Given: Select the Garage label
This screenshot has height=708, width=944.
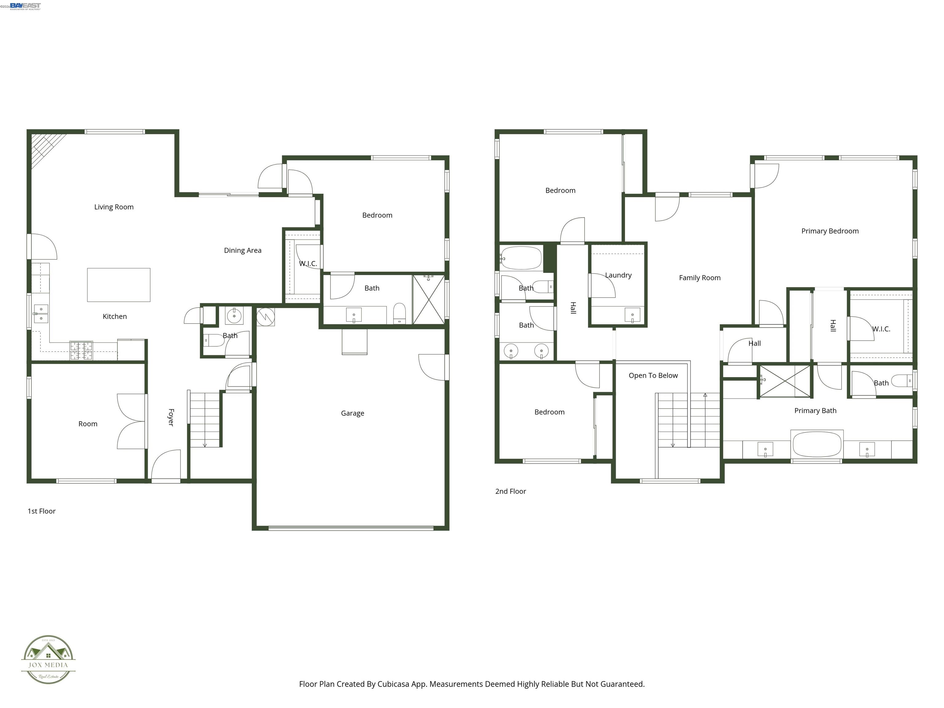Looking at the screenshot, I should coord(352,413).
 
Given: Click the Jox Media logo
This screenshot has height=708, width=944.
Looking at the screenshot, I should coord(48,659).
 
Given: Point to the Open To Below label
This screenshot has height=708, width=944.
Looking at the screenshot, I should coord(653,376).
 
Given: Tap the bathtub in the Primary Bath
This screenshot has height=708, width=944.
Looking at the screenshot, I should coord(817,444).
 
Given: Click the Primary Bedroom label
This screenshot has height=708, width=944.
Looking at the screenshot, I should coord(830,231).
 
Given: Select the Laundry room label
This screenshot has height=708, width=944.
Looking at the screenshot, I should coord(618,275).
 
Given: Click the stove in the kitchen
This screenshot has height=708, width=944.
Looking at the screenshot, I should coord(81,351).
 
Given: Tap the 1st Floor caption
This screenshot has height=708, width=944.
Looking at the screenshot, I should coord(41,511).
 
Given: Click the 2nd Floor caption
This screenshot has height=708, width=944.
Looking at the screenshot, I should coord(510,491).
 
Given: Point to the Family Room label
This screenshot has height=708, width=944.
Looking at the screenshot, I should coord(699,278).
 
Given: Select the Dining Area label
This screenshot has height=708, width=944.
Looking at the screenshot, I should coord(242,250).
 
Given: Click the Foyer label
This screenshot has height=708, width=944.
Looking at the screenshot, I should coord(171,417).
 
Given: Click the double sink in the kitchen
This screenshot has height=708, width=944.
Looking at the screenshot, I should coord(41,314).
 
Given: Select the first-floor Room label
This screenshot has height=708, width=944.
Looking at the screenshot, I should coord(88,424).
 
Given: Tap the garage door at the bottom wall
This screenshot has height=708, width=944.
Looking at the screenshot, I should coord(351,528).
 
